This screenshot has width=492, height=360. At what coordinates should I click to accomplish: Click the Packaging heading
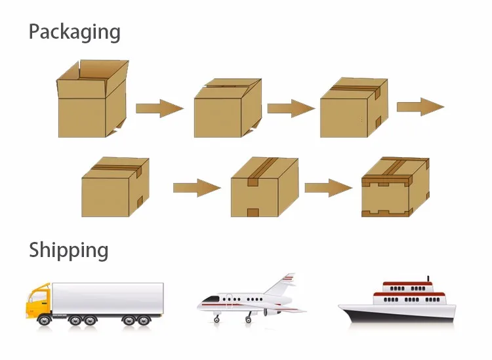click(74, 31)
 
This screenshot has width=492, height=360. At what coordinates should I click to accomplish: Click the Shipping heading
click(68, 250)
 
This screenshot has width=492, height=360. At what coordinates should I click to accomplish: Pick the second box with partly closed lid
click(227, 109)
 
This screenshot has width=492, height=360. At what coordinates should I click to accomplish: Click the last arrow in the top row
click(420, 106)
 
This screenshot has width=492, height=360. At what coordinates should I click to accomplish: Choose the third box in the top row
click(353, 109)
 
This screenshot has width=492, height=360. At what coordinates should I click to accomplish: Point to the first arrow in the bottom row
click(196, 188)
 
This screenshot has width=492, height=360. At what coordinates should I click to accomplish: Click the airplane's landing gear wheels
click(249, 320)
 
